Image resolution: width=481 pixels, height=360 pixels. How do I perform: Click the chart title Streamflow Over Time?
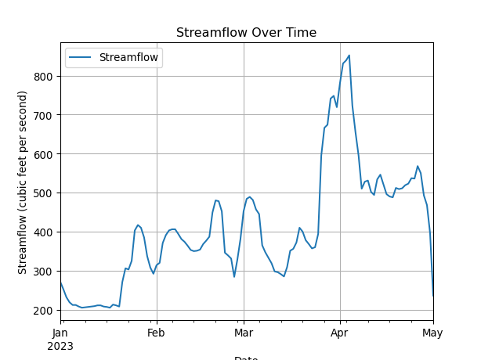(x=246, y=33)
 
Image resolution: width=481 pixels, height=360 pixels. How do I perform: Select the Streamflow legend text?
(x=128, y=57)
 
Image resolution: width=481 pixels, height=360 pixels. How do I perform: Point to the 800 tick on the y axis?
(x=43, y=77)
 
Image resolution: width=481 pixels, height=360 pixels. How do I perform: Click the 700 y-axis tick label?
(x=43, y=115)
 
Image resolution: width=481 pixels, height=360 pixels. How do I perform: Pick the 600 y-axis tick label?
(x=43, y=154)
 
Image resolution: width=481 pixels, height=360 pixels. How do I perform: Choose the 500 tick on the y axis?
(x=43, y=193)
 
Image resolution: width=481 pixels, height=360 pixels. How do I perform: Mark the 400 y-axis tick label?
(x=43, y=232)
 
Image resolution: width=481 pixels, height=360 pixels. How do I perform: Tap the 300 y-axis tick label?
(x=43, y=272)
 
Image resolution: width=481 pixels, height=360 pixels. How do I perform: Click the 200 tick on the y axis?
(x=43, y=311)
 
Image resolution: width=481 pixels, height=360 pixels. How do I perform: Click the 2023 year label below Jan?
(x=60, y=345)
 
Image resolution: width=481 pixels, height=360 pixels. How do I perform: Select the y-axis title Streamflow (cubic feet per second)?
(x=23, y=182)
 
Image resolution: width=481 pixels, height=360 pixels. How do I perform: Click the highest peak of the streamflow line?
(x=349, y=56)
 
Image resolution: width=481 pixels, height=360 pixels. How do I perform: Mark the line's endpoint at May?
(x=433, y=296)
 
